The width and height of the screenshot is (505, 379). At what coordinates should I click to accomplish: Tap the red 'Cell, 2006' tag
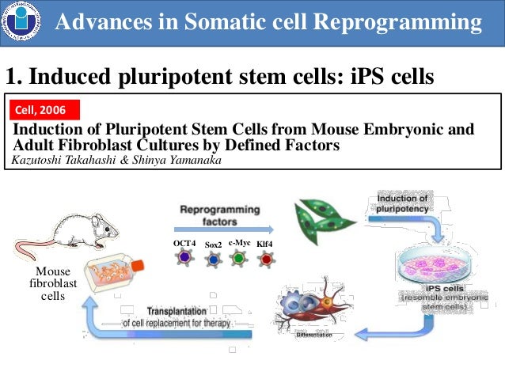(x=44, y=108)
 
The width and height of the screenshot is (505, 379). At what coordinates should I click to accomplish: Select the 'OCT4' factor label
(x=184, y=243)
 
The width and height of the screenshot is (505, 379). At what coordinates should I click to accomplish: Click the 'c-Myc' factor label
(x=240, y=241)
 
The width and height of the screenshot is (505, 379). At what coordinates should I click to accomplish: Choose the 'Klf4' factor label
(x=265, y=243)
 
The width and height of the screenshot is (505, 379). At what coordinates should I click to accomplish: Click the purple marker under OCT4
(x=184, y=258)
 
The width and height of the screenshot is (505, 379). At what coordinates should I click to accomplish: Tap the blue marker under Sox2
(x=213, y=260)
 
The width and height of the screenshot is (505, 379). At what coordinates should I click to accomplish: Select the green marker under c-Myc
(x=238, y=257)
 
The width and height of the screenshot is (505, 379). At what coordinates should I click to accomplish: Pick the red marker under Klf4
(x=266, y=258)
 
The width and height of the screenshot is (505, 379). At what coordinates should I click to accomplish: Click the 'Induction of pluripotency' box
(x=403, y=201)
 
